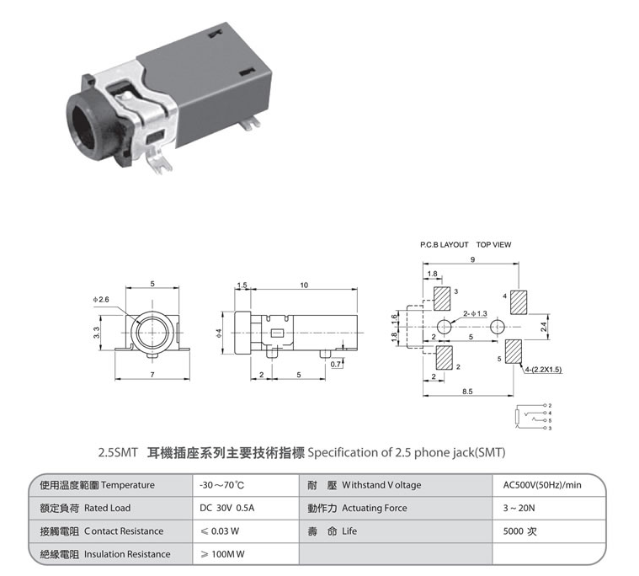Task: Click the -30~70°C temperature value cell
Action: point(221,485)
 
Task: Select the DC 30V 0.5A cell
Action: point(226,508)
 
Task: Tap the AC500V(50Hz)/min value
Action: point(542,485)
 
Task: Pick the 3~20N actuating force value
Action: point(519,508)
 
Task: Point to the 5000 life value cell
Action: point(519,531)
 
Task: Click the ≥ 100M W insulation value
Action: point(222,554)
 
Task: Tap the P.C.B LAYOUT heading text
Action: point(445,244)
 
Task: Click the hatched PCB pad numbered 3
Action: point(442,299)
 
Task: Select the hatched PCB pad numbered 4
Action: point(519,302)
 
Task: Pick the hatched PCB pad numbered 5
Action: point(514,351)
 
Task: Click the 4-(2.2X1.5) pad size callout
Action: point(543,370)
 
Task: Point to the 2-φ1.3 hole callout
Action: point(475,313)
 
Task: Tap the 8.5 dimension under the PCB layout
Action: point(467,392)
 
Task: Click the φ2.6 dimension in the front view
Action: point(101,300)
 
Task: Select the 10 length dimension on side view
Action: point(304,285)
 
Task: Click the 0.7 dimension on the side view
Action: point(336,364)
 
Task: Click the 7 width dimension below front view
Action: point(152,375)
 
